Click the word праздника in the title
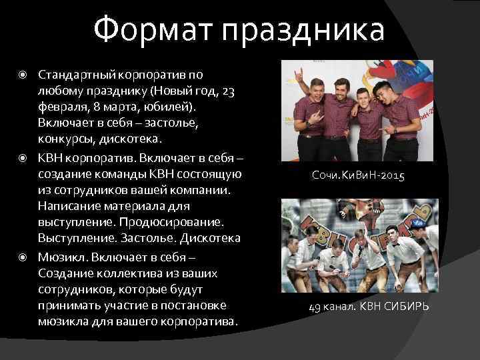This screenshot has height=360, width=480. point(304,31)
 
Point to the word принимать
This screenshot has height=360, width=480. point(67,305)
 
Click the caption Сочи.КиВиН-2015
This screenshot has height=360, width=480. point(358,176)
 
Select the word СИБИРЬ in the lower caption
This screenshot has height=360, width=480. point(406,307)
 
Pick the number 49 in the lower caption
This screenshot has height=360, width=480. point(315,307)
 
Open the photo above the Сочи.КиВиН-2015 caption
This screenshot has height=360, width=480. point(357,109)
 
